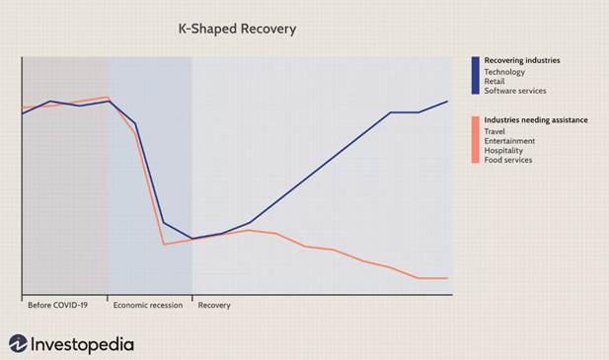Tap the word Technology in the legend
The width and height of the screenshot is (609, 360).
[504, 72]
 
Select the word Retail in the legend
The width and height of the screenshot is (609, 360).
[495, 81]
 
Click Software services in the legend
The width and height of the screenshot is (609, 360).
[514, 91]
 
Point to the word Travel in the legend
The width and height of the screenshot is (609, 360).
[495, 131]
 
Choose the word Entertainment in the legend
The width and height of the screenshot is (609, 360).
[509, 141]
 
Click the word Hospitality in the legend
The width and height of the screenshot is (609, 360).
[503, 150]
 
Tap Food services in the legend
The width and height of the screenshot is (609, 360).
[508, 160]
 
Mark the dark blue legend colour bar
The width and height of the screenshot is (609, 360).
[476, 75]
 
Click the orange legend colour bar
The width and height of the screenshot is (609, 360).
[476, 139]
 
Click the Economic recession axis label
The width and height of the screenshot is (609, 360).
[148, 305]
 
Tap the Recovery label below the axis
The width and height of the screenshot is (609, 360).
[214, 305]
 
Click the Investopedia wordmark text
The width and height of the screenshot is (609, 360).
[83, 344]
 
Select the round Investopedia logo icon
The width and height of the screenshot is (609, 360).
[19, 343]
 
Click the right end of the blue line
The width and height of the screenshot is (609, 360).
[448, 101]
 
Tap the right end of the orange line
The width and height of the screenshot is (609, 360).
[448, 278]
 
